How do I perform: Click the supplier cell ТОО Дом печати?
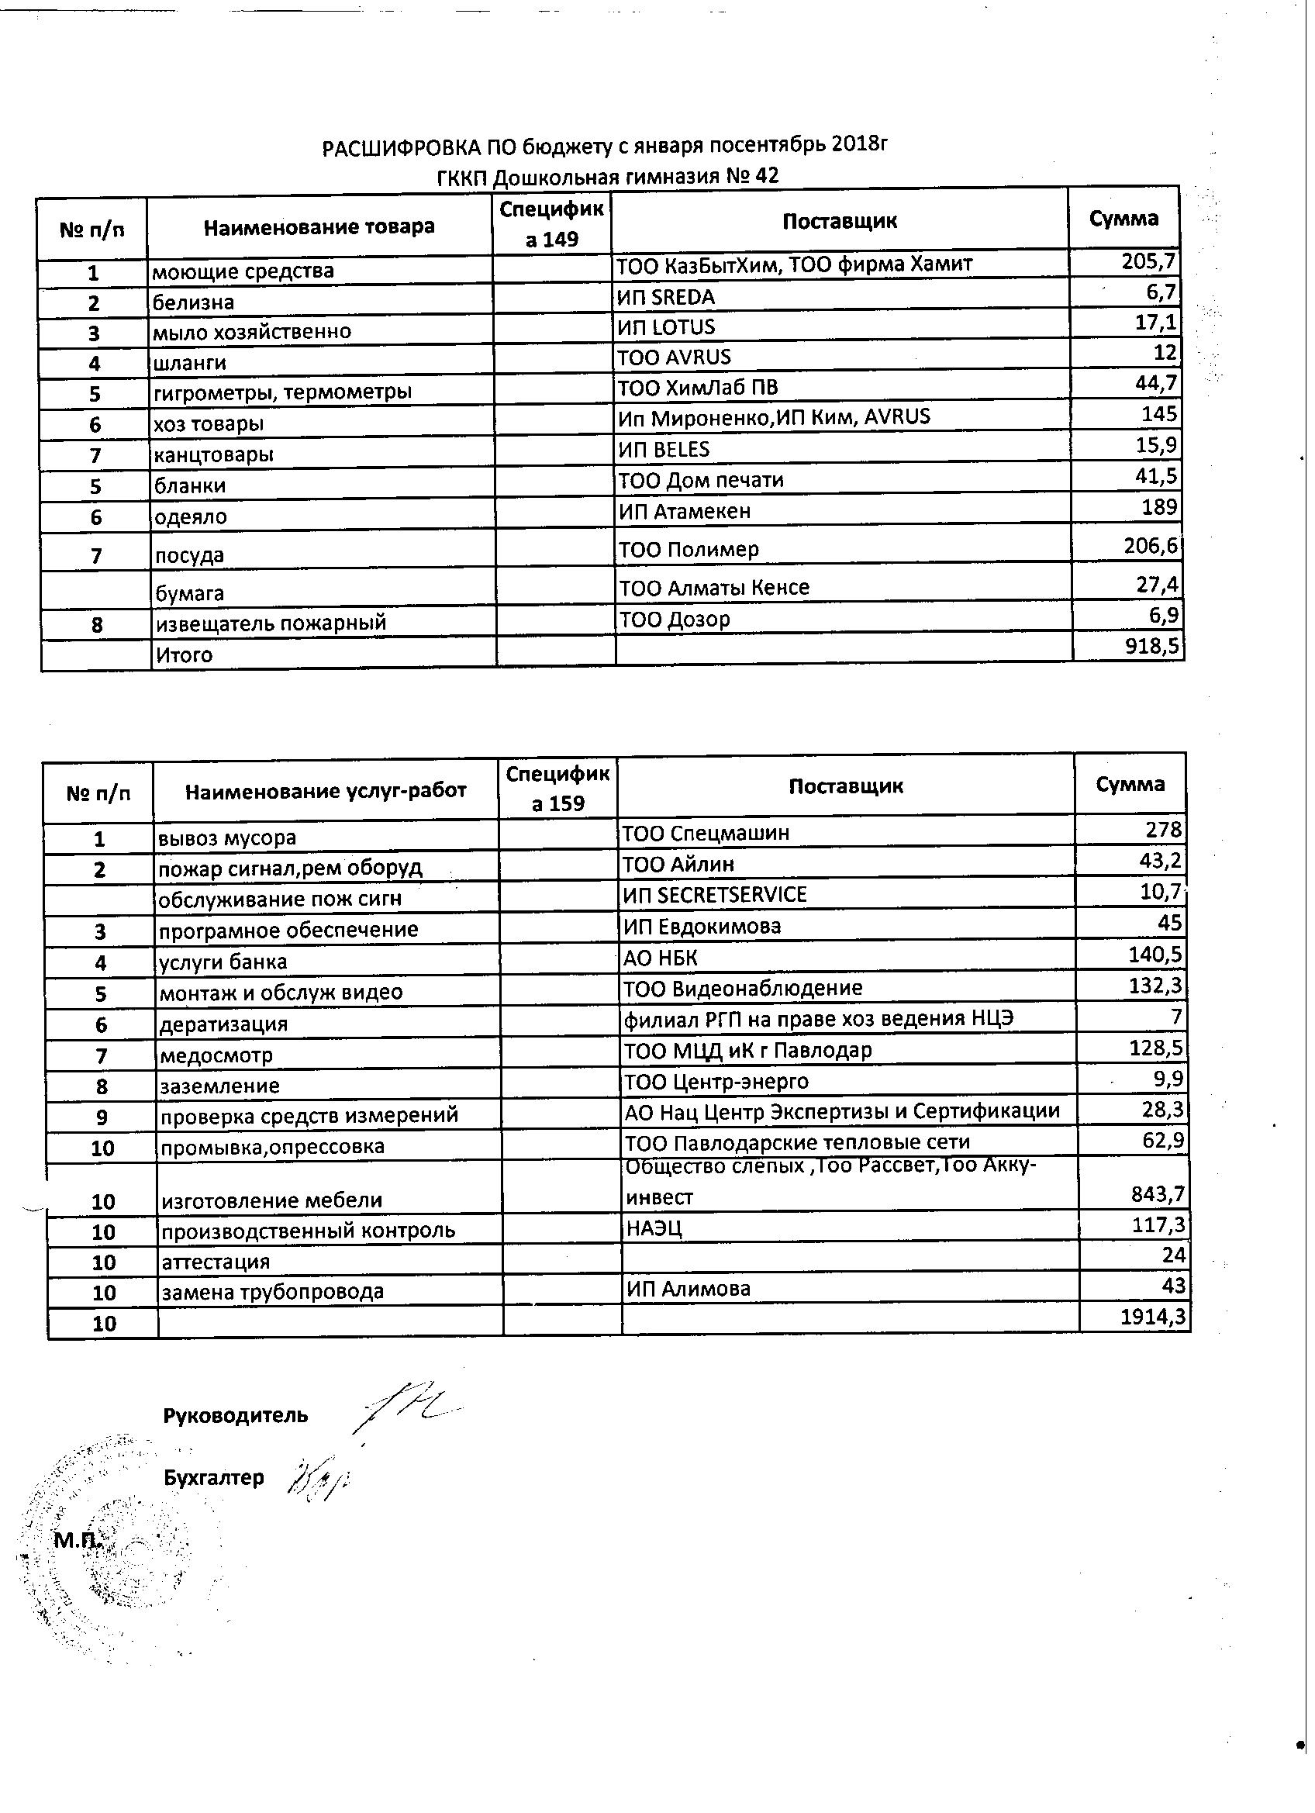pos(700,481)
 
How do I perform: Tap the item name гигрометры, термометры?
pos(282,392)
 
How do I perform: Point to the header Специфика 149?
pos(551,224)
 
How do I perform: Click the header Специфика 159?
pos(557,788)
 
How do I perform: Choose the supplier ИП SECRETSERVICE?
pos(715,895)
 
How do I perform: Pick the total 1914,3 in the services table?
pos(1152,1317)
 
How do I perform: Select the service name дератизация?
pos(223,1024)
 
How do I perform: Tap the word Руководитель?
pos(235,1416)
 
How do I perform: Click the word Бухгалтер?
pos(213,1477)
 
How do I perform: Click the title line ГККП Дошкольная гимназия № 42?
pos(608,176)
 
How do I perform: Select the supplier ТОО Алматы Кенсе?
pos(714,588)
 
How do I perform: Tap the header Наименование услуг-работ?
pos(326,792)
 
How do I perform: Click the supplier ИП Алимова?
pos(689,1289)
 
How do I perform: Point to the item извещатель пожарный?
pos(270,623)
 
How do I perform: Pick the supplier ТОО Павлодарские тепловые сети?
pos(796,1142)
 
